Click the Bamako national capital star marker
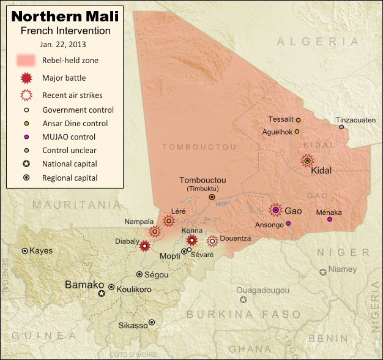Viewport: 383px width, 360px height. point(102,294)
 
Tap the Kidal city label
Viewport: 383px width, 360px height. point(321,171)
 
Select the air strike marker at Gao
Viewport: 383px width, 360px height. point(276,210)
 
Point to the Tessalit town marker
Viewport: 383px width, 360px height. point(298,120)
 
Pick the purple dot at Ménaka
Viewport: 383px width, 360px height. point(330,219)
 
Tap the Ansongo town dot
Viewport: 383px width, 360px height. point(288,223)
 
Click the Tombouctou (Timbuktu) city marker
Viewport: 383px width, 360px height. point(212,197)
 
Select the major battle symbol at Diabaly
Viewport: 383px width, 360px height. point(145,246)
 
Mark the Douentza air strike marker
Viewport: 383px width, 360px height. point(212,241)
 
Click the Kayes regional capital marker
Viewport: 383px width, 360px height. point(24,251)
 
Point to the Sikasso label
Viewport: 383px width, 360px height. point(133,325)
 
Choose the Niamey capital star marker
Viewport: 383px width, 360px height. point(322,272)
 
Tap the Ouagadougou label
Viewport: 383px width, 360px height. point(262,290)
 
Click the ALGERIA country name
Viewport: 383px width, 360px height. point(318,41)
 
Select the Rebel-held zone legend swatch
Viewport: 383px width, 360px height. point(25,60)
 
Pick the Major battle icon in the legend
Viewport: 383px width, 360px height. point(25,78)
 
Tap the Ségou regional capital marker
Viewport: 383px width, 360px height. point(140,274)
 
